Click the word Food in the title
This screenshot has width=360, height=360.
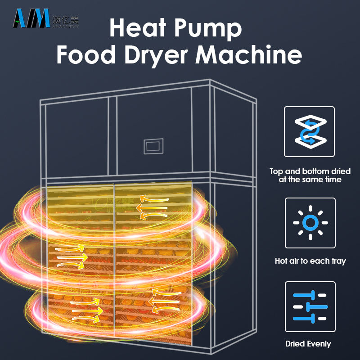84,55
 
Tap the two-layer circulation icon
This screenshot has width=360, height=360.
310,131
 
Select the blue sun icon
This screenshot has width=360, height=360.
310,222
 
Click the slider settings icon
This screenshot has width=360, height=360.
310,306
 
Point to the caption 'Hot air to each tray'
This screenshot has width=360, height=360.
310,261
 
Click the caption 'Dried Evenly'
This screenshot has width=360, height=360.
308,344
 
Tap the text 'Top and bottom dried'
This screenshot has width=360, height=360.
310,171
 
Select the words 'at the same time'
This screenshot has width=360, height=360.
310,180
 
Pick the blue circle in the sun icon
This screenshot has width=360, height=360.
310,222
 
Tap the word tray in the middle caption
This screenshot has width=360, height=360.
337,261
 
